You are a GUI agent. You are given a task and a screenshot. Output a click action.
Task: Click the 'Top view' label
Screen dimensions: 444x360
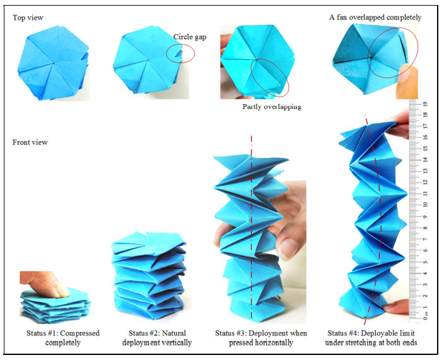tap(28, 18)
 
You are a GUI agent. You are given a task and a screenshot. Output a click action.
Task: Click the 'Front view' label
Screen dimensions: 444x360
tap(30, 142)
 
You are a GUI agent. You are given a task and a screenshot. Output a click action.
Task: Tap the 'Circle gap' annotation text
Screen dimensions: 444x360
tap(189, 37)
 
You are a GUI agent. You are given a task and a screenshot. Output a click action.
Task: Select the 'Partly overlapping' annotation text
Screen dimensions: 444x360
tap(272, 107)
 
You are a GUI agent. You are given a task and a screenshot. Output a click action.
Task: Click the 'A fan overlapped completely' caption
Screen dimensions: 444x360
tap(375, 17)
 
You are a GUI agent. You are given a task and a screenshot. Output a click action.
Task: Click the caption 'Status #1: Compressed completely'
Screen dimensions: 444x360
tap(63, 338)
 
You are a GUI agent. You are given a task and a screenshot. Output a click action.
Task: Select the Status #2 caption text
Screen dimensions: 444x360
tap(157, 338)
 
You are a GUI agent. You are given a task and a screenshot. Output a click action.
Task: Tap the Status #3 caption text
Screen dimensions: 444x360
tap(261, 338)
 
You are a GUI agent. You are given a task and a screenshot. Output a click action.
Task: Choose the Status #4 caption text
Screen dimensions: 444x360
tap(371, 338)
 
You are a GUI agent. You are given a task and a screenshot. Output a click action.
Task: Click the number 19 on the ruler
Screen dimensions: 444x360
tap(425, 104)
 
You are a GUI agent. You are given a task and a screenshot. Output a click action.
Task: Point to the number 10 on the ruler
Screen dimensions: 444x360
tap(425, 205)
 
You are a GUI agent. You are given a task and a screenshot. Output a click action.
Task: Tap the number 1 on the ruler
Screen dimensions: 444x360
tap(425, 307)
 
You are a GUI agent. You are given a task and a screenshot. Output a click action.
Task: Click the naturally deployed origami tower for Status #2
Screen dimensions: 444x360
tap(150, 275)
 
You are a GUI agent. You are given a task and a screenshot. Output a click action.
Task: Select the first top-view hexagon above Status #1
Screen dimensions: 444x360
tap(53, 63)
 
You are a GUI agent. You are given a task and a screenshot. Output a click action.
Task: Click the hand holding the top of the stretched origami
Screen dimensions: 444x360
tap(399, 124)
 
